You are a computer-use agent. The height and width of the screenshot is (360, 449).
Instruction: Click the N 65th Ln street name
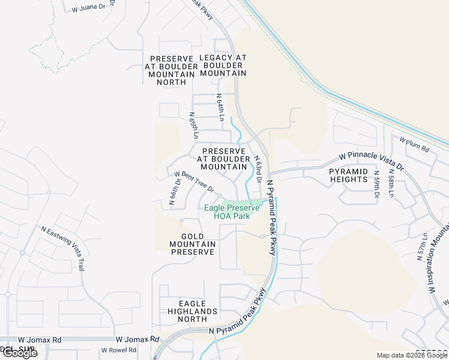(x=193, y=125)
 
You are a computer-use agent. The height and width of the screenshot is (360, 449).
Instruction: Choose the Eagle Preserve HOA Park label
(x=232, y=212)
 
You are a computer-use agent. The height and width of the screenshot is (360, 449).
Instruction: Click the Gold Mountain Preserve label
(x=192, y=244)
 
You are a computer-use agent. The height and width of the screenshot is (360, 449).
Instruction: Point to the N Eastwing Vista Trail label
(x=63, y=248)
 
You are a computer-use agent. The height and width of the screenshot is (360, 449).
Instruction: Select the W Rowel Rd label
(x=118, y=350)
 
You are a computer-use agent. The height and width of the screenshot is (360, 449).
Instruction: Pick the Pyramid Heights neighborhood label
(x=348, y=175)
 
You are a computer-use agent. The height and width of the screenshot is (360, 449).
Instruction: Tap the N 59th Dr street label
(x=377, y=187)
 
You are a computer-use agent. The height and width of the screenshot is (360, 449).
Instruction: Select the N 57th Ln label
(x=421, y=247)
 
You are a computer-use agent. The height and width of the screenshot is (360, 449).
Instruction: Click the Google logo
(x=19, y=353)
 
